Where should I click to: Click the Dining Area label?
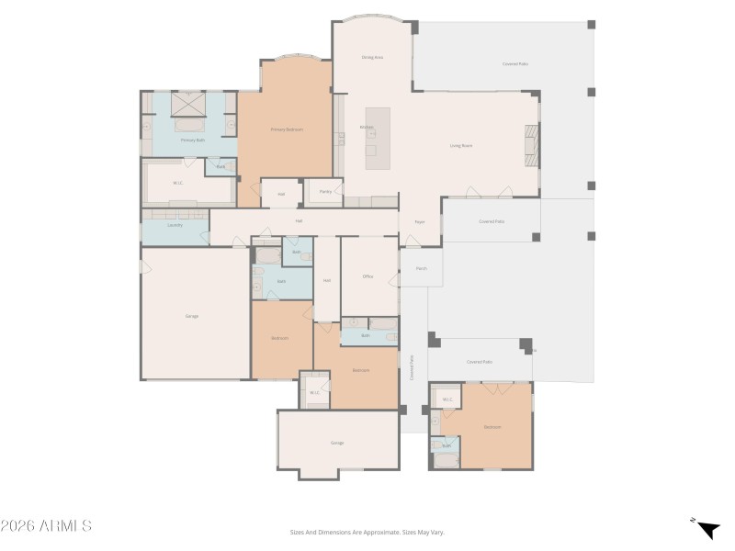pyautogui.click(x=372, y=58)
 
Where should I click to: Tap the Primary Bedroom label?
pyautogui.click(x=287, y=129)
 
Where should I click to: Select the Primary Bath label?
pyautogui.click(x=192, y=141)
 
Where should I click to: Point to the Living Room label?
pyautogui.click(x=460, y=146)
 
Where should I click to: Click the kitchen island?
pyautogui.click(x=377, y=138)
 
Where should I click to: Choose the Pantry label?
pyautogui.click(x=325, y=192)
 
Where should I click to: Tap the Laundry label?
pyautogui.click(x=175, y=225)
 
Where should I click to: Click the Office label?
pyautogui.click(x=367, y=275)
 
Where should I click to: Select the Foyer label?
pyautogui.click(x=419, y=222)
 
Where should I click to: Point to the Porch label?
pyautogui.click(x=421, y=269)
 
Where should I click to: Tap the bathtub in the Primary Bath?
pyautogui.click(x=190, y=123)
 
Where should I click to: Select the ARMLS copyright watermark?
pyautogui.click(x=46, y=526)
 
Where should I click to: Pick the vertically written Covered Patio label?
pyautogui.click(x=412, y=367)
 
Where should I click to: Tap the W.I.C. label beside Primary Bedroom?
pyautogui.click(x=178, y=183)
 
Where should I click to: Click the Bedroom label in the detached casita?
pyautogui.click(x=492, y=427)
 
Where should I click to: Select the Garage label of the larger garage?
pyautogui.click(x=192, y=316)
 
